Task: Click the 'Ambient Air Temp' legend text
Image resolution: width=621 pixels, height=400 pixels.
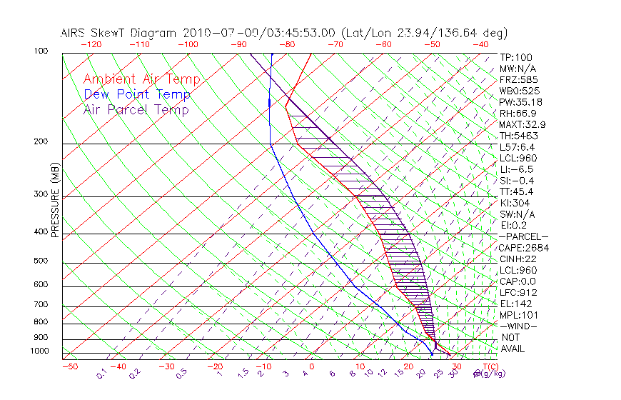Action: [141, 79]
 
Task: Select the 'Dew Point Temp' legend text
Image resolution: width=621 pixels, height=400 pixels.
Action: [137, 94]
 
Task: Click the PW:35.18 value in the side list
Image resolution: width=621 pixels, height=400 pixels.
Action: [519, 102]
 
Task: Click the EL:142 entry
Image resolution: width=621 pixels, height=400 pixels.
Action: [515, 304]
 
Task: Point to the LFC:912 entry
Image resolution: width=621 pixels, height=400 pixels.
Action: [518, 293]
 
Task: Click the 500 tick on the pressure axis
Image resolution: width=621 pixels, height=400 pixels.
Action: [41, 261]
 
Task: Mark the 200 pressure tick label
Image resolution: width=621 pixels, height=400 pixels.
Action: [41, 142]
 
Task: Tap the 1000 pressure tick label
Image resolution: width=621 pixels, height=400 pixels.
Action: [39, 351]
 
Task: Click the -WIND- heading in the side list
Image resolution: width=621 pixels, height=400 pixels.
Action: [519, 326]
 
